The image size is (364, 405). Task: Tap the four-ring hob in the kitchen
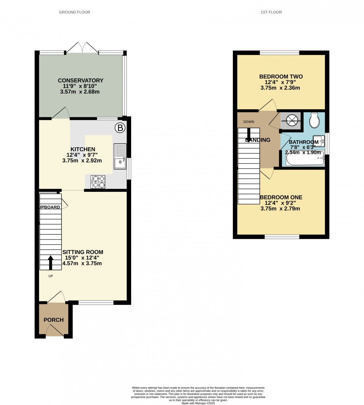tap(98, 181)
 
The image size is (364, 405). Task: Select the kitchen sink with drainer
tap(120, 156)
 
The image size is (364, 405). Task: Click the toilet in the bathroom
tap(314, 119)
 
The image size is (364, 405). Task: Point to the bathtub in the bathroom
tap(305, 160)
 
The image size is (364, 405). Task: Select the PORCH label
tap(54, 320)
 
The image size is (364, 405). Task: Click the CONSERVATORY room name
tap(81, 80)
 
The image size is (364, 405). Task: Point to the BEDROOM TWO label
tap(281, 77)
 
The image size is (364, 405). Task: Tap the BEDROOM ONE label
tap(281, 197)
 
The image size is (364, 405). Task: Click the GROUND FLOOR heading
tap(75, 12)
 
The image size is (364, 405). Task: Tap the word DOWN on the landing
tap(249, 122)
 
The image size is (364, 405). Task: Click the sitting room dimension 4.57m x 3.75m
tap(82, 263)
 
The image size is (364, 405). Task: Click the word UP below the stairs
tap(50, 276)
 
